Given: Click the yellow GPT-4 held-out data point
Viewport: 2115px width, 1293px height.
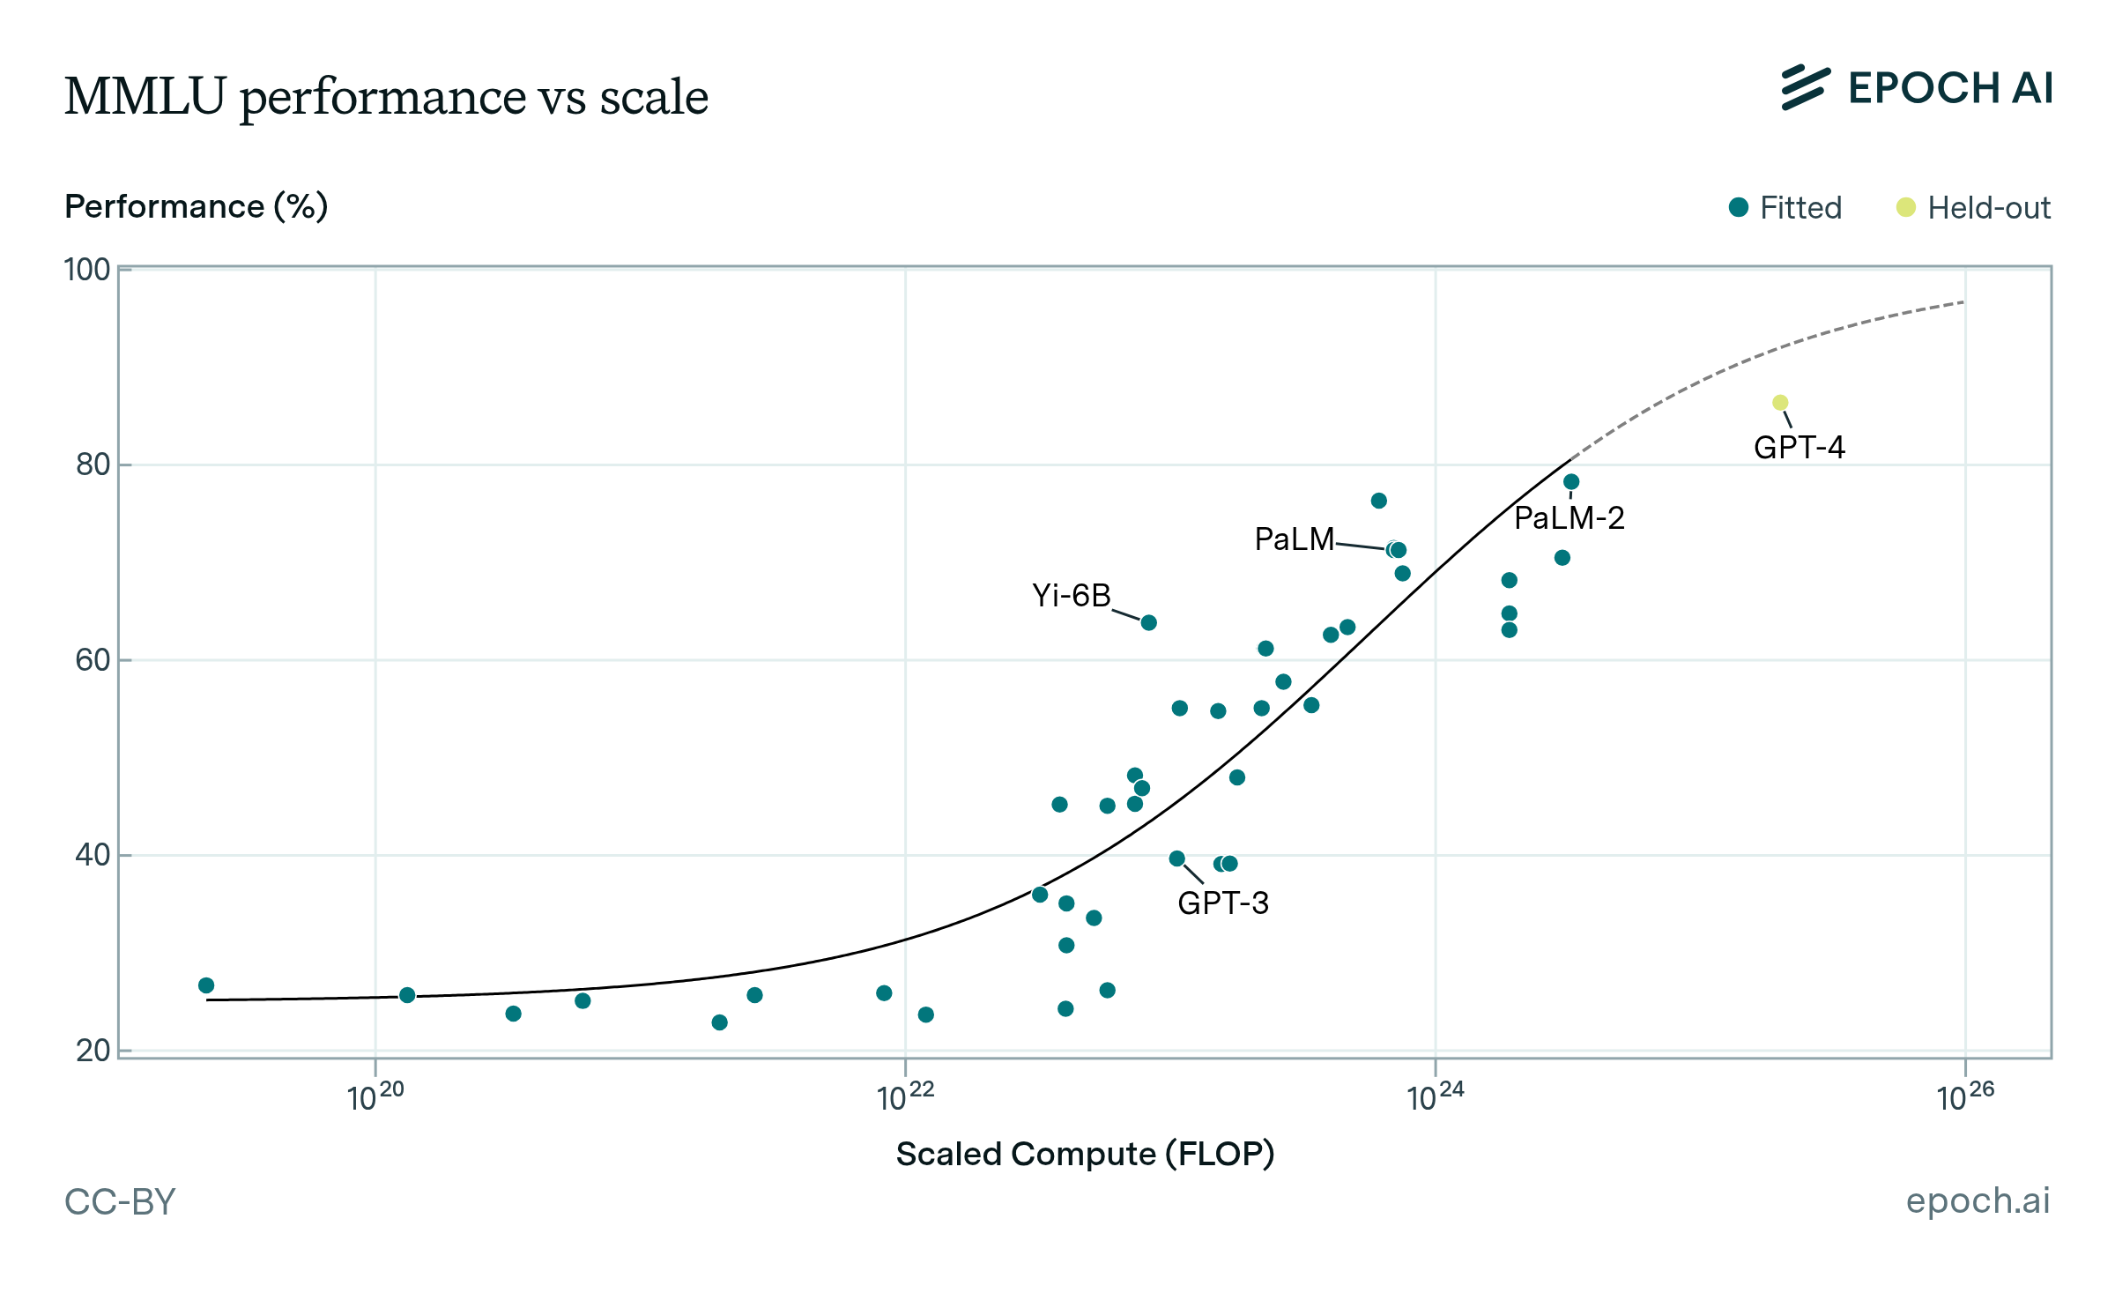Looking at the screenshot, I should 1780,403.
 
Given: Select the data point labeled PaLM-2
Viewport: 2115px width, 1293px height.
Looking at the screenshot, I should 1571,482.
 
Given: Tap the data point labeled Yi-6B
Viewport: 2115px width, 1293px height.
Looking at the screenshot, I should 1149,623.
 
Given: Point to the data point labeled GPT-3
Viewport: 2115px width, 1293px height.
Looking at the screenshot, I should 1177,858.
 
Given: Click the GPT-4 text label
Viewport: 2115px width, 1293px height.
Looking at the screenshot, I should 1799,448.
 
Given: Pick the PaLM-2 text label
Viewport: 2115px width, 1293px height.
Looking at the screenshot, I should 1569,518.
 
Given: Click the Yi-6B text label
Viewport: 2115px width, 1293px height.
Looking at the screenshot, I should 1072,596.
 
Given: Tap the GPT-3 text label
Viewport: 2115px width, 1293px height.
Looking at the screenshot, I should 1223,903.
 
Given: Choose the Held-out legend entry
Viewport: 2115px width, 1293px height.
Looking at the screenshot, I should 1973,208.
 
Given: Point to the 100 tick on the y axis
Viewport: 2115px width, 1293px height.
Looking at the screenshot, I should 87,270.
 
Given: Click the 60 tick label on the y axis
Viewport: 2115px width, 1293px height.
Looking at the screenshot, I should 93,660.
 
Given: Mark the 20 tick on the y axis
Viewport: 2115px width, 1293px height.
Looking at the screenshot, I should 93,1051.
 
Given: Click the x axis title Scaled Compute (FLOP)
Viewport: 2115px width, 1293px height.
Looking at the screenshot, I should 1085,1154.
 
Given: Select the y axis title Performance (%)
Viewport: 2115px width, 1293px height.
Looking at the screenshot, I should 197,206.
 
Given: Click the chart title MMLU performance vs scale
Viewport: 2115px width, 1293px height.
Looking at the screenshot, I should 386,96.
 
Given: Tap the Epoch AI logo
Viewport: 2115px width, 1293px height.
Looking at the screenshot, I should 1916,88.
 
